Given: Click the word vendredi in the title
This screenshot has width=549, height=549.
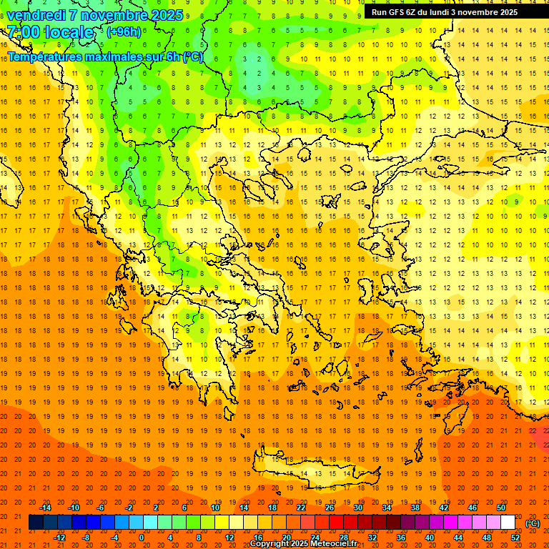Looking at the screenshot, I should [37, 15].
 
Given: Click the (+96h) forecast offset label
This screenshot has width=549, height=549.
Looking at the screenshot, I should [124, 32].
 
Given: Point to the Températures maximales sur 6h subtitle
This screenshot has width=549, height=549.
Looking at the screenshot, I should [105, 56].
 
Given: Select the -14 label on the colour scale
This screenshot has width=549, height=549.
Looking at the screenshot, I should [45, 508].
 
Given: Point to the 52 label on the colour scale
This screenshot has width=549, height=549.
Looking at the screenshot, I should [515, 538].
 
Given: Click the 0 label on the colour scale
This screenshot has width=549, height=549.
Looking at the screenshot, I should [141, 538].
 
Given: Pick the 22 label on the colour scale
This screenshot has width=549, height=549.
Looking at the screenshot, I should [301, 508].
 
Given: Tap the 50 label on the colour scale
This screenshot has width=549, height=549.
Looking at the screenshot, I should [501, 508].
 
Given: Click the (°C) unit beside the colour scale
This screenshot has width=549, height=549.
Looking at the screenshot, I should [533, 523].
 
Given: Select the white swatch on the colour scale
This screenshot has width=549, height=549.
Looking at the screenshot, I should [508, 523].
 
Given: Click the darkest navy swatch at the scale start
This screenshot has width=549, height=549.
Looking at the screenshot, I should [36, 523].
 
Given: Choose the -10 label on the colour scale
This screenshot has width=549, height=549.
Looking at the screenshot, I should [73, 508].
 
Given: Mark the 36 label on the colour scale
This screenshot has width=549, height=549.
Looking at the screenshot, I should [401, 538].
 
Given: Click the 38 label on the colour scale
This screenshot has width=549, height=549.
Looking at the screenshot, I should [415, 508].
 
